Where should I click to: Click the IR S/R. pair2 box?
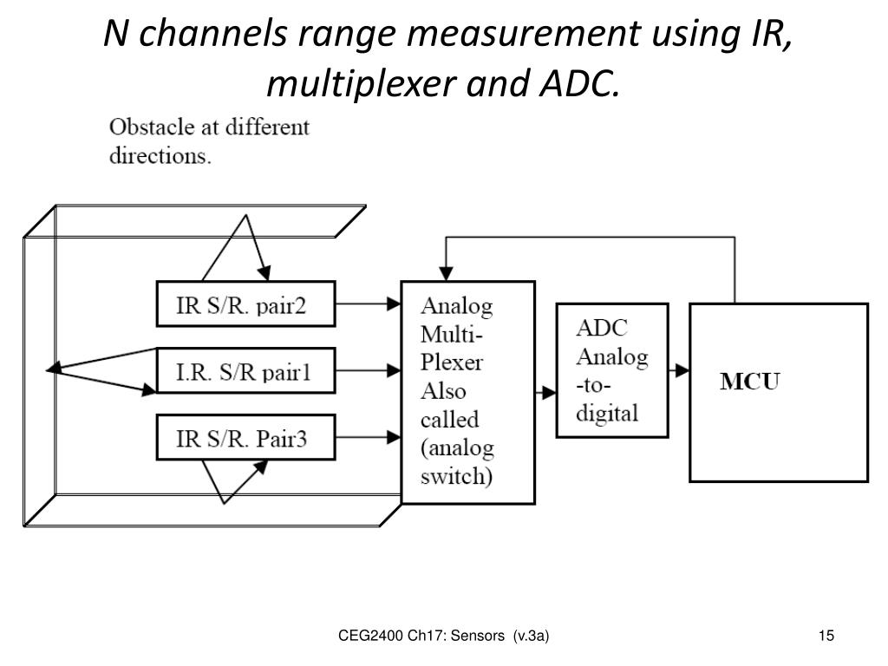click(245, 304)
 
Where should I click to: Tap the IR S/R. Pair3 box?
click(245, 438)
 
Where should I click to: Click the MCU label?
click(750, 382)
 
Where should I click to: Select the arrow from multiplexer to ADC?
click(546, 392)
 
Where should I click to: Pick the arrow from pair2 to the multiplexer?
click(368, 304)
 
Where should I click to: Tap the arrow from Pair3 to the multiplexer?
click(368, 438)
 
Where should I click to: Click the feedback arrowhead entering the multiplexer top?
click(445, 271)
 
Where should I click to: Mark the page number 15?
click(826, 637)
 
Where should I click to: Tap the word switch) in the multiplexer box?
click(456, 476)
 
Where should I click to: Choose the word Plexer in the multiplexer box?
click(451, 362)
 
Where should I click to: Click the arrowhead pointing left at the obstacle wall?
click(54, 369)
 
